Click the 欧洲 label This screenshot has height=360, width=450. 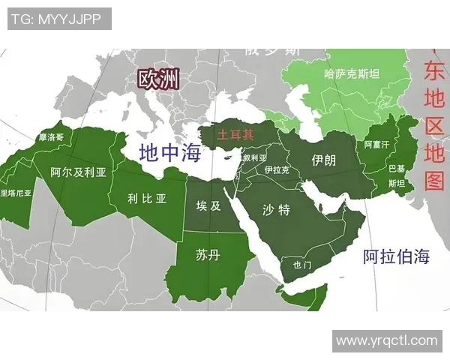157,79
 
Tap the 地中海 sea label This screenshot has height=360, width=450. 171,153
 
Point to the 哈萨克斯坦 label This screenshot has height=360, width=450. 351,74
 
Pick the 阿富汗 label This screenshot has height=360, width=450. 377,143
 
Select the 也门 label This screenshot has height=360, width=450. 301,265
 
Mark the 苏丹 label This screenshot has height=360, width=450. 207,255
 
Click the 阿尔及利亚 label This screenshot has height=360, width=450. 78,172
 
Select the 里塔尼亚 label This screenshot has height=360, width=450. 16,193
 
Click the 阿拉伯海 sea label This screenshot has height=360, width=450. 396,256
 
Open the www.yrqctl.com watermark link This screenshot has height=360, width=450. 385,340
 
